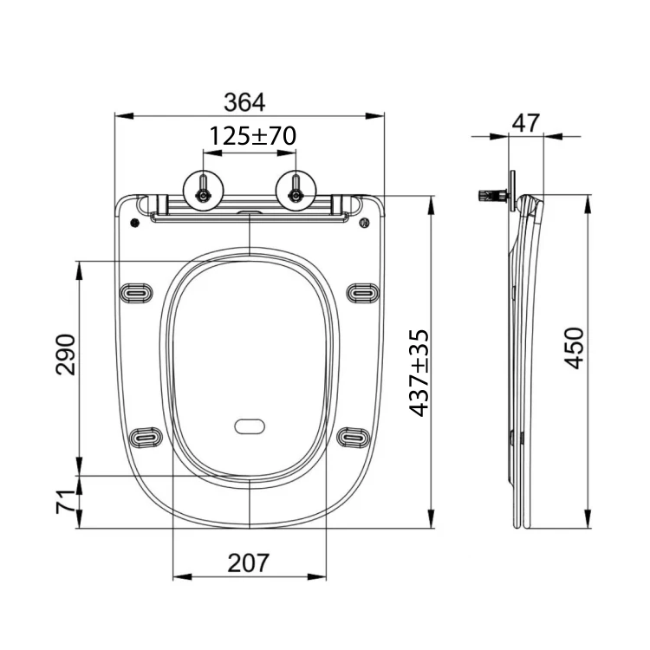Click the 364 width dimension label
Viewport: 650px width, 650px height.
[244, 102]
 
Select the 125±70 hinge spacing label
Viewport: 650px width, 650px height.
[252, 136]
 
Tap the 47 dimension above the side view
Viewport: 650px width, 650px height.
[526, 123]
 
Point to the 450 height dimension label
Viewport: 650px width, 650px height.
[574, 348]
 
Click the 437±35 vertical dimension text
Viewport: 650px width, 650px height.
[419, 373]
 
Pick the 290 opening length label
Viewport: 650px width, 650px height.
[66, 354]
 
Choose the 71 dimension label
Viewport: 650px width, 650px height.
[66, 502]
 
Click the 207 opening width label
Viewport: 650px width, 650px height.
[249, 563]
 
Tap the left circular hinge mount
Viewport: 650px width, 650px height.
[203, 191]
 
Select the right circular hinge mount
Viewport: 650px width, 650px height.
[296, 191]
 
